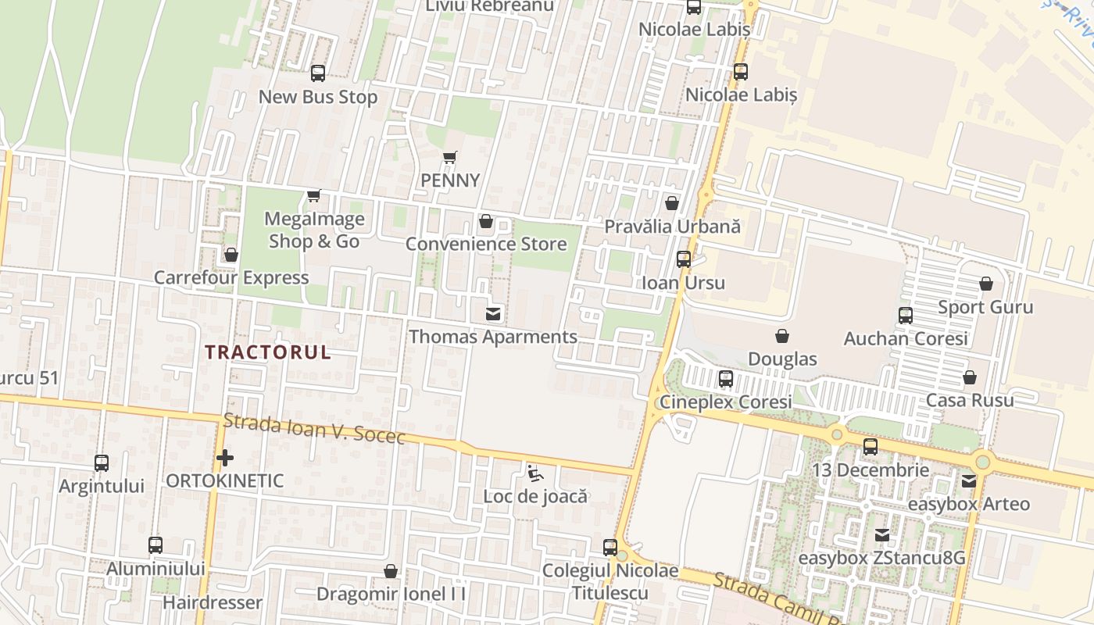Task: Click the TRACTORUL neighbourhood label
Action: click(x=268, y=352)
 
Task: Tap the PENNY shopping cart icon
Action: click(x=449, y=158)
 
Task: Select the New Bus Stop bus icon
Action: click(x=317, y=73)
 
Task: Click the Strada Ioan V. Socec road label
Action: click(x=314, y=429)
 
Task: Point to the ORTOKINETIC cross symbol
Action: click(x=225, y=458)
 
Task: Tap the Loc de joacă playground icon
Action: click(x=534, y=473)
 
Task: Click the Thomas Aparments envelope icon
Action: click(x=493, y=314)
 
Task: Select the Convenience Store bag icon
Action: click(x=485, y=221)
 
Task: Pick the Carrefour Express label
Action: click(x=231, y=278)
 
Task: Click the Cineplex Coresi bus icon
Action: click(x=726, y=379)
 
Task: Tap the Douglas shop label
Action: click(x=782, y=359)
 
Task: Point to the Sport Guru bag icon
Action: click(x=986, y=284)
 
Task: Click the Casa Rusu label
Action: click(x=970, y=401)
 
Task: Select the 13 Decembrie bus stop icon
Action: click(x=871, y=447)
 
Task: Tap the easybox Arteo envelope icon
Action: click(x=969, y=481)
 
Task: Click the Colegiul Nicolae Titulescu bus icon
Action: click(x=610, y=548)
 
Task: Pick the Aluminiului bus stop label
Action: click(x=156, y=569)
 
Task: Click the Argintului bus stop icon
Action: click(x=102, y=462)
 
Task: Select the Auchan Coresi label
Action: click(x=906, y=339)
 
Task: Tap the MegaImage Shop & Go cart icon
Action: click(x=313, y=195)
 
